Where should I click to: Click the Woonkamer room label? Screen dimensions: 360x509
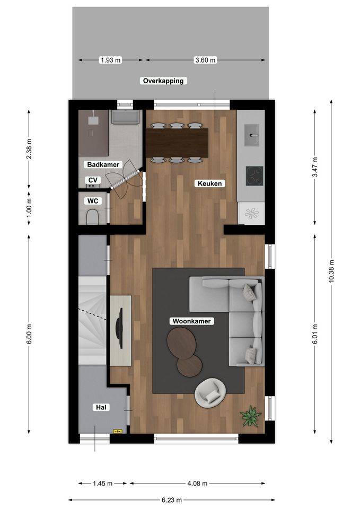(191, 321)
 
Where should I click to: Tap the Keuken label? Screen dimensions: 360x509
(210, 183)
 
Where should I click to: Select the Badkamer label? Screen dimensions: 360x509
(103, 164)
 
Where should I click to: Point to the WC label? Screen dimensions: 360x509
(93, 201)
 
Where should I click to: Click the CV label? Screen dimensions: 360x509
(93, 180)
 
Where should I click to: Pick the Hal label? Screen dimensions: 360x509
(101, 407)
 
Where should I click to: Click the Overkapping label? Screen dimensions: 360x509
(163, 81)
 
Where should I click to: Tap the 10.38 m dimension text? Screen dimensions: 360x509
(331, 271)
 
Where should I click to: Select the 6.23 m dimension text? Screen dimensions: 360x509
(172, 500)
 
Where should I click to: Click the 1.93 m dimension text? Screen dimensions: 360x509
(111, 60)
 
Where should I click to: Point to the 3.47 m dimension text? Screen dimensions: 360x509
(315, 167)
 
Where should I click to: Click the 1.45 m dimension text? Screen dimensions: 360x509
(102, 484)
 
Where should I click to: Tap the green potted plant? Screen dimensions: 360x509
(251, 416)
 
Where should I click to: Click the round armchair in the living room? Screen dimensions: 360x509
(210, 393)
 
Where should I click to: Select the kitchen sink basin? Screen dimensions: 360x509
(252, 135)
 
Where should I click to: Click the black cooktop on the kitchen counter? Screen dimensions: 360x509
(254, 176)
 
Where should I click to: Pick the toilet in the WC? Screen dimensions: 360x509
(92, 217)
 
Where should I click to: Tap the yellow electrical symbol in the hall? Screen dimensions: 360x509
(118, 431)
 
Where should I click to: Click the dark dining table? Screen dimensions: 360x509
(177, 143)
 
